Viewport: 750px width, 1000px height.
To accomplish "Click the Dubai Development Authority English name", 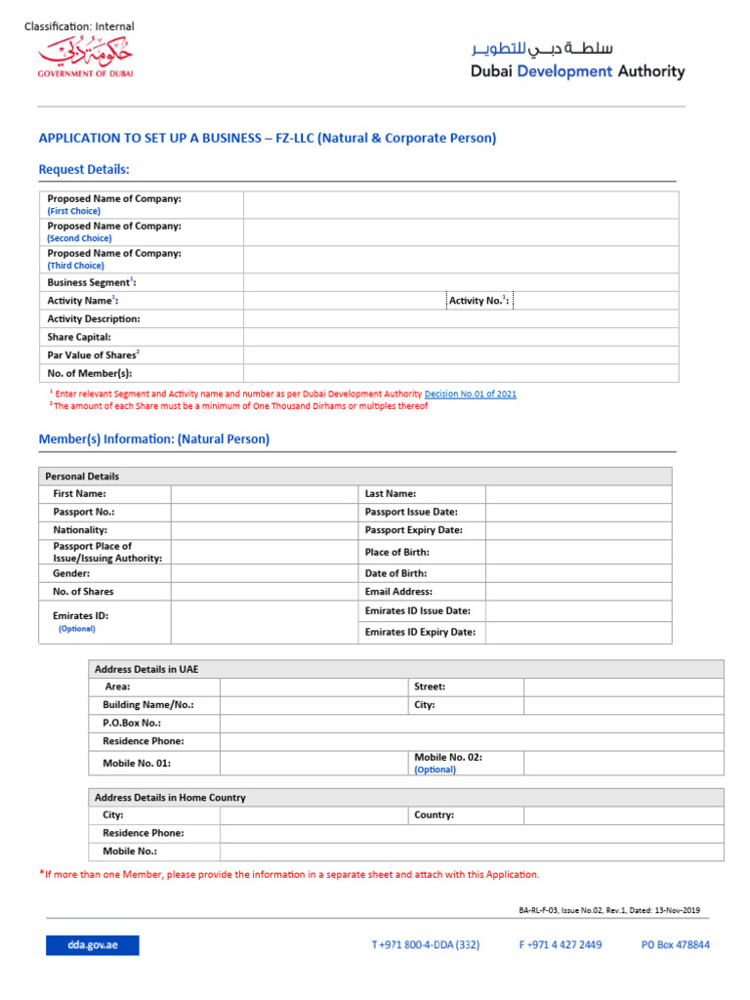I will click(578, 71).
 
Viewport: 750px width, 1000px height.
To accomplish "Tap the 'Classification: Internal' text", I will click(79, 26).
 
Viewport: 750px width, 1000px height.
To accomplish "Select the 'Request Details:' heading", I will click(84, 170).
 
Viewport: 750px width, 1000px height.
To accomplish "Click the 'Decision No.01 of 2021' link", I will click(470, 394).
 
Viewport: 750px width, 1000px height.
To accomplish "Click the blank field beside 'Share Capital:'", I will click(460, 337).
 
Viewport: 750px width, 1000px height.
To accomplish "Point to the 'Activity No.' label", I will click(479, 301).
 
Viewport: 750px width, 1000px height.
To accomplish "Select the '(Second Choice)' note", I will click(79, 238).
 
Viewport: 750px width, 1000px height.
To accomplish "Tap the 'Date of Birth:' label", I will click(396, 573).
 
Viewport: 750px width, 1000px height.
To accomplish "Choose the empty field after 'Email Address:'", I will click(578, 592).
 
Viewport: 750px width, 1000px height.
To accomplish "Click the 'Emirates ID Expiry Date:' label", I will click(420, 632).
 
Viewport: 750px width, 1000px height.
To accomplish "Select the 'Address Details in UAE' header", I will click(146, 669).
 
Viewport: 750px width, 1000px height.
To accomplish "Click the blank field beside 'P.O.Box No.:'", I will click(471, 723).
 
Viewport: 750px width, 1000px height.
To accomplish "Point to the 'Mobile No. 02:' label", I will click(448, 757).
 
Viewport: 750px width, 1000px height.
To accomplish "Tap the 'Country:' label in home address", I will click(434, 814).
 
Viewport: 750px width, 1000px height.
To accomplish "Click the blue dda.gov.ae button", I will click(92, 945).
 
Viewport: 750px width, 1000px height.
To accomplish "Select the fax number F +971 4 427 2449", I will click(560, 945).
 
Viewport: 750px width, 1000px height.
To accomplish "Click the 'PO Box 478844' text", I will click(675, 945).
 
